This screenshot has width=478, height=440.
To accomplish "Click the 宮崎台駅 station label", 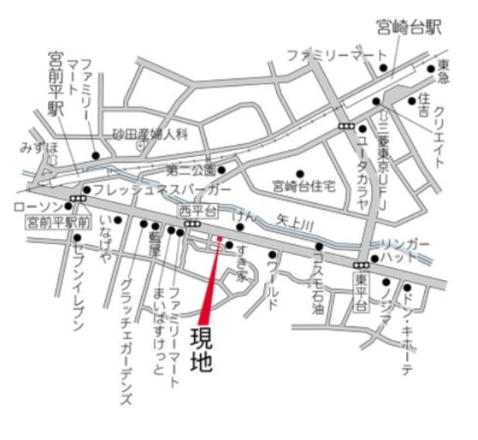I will tap(409, 28).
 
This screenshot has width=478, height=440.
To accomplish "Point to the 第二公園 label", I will tap(190, 169).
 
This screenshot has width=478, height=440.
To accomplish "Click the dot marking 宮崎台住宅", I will tap(301, 173).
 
